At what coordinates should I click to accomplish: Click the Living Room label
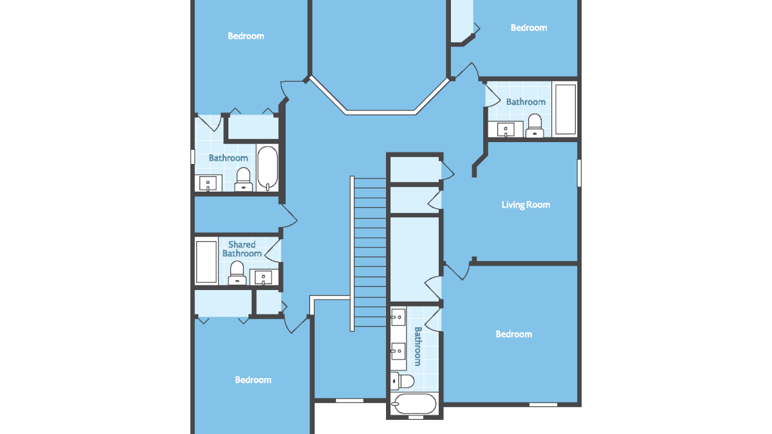tap(526, 205)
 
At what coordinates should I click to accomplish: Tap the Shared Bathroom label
tap(242, 249)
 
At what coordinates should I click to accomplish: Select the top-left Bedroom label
tap(246, 36)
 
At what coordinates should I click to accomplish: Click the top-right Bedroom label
tap(529, 28)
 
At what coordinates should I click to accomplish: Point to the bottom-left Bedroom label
tap(253, 379)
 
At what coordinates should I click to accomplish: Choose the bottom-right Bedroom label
tap(513, 334)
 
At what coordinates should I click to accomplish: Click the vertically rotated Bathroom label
tap(418, 346)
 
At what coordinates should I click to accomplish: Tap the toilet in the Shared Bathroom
tap(237, 273)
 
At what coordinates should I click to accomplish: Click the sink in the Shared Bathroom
tap(263, 276)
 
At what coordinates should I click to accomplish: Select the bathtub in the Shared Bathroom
tap(207, 262)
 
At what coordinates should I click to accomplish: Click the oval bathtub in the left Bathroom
tap(268, 168)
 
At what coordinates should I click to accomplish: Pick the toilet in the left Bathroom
tap(243, 179)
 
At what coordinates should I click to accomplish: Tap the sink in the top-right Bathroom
tap(506, 129)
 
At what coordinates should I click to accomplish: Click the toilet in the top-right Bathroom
tap(535, 126)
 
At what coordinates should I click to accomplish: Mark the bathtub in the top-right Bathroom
tap(565, 109)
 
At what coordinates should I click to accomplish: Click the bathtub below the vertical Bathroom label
tap(414, 404)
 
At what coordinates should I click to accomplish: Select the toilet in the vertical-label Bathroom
tap(402, 381)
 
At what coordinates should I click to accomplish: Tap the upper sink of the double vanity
tap(398, 317)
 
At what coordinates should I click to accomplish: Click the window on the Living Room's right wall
tap(580, 173)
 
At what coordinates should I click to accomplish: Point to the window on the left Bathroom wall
tap(192, 157)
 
